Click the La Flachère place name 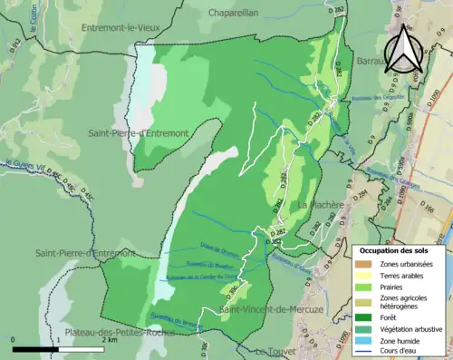point(321,204)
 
